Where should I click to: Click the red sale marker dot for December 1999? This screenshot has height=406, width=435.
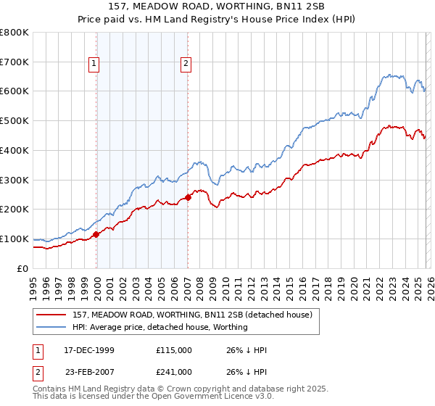click(x=96, y=234)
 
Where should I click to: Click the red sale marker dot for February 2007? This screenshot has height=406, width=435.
click(x=188, y=196)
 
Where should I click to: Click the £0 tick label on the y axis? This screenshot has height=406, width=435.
click(x=22, y=268)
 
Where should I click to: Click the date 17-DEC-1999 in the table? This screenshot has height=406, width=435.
click(x=88, y=350)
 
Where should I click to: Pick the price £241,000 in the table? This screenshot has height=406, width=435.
click(x=174, y=371)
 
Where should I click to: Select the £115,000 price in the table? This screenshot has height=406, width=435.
click(x=174, y=350)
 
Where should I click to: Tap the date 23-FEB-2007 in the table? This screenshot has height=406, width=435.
click(x=88, y=371)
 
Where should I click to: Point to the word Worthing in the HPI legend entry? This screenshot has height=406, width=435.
click(x=231, y=327)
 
